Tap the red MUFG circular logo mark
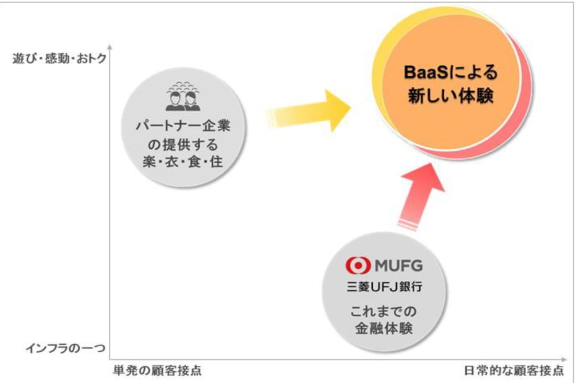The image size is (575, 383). click(x=358, y=265)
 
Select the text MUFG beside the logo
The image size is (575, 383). click(x=399, y=265)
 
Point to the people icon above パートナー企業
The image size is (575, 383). click(x=183, y=96)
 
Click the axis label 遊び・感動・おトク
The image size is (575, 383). click(x=59, y=59)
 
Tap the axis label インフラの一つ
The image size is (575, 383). click(x=66, y=348)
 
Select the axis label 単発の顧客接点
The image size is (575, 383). click(x=157, y=371)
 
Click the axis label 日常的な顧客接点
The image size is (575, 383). click(x=514, y=371)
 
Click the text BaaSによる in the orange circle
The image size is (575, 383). click(x=451, y=72)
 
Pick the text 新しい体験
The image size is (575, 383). click(x=451, y=96)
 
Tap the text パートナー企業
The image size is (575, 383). click(x=183, y=126)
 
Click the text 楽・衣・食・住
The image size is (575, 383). click(x=183, y=162)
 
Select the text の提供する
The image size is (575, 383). click(x=183, y=145)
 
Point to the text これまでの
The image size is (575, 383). click(x=383, y=311)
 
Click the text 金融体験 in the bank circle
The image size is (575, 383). click(x=384, y=328)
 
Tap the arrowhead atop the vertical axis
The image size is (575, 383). click(x=110, y=47)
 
